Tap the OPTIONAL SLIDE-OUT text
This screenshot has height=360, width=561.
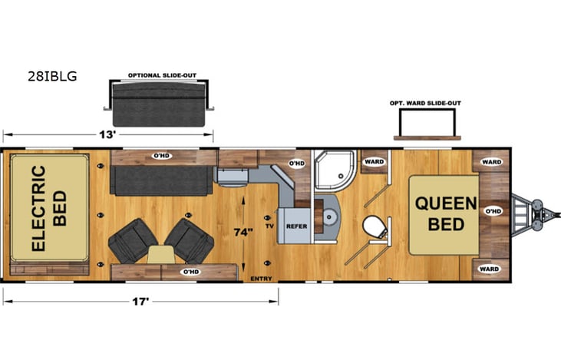(x=160, y=75)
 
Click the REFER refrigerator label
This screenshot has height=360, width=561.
(x=296, y=226)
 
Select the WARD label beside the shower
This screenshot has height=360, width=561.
(x=374, y=162)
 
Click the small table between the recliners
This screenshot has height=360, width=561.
(x=160, y=256)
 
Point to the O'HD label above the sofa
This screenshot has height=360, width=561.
(x=161, y=156)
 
